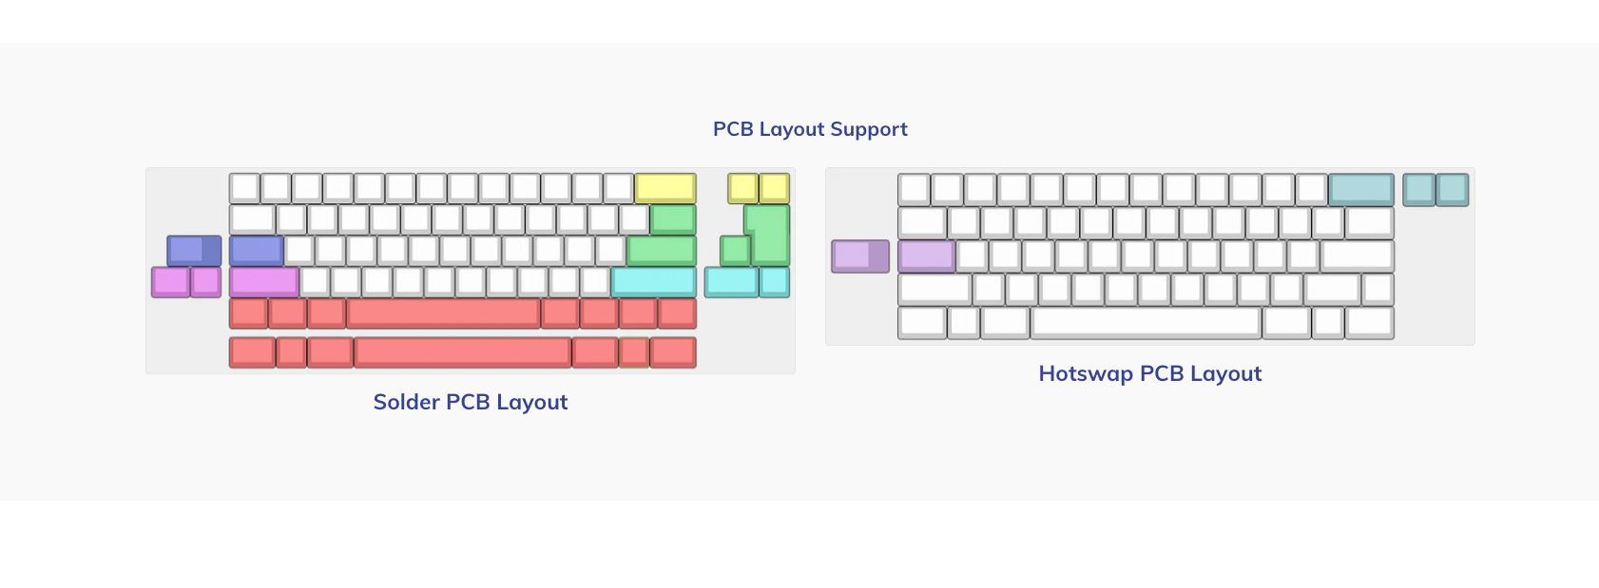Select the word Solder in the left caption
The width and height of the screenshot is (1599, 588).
click(x=407, y=402)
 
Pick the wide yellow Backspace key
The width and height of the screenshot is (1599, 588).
click(x=665, y=188)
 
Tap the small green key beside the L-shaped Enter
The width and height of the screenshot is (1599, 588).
click(x=735, y=251)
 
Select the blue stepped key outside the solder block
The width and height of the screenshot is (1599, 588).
click(x=194, y=251)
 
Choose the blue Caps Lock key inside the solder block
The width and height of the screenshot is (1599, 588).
click(x=257, y=251)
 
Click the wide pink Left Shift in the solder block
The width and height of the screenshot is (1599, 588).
click(x=264, y=282)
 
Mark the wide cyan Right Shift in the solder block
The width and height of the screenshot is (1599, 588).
click(x=654, y=282)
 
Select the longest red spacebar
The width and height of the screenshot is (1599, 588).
click(x=463, y=352)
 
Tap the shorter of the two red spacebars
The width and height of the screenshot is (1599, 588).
click(x=443, y=314)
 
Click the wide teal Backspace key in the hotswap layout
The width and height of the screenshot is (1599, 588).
click(x=1361, y=190)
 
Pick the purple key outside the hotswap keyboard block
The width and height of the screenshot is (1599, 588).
click(x=861, y=256)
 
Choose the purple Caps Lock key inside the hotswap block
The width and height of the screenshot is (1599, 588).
click(x=927, y=256)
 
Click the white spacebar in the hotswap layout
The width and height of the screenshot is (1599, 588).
click(x=1146, y=323)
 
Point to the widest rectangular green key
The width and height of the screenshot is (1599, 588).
click(x=662, y=251)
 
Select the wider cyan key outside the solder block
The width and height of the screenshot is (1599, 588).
click(x=732, y=282)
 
